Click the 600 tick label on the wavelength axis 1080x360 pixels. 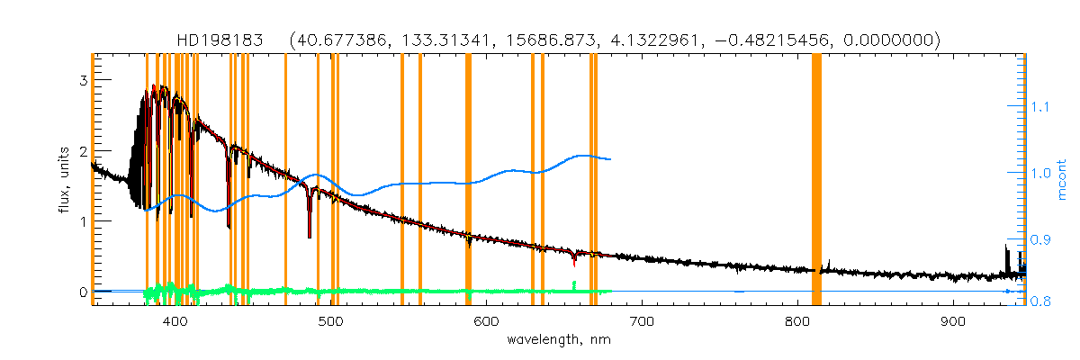pos(486,321)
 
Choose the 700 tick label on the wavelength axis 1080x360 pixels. pos(642,321)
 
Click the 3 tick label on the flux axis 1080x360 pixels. pos(82,80)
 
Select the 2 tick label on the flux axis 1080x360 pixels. pos(82,150)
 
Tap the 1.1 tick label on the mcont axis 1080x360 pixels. pos(1040,107)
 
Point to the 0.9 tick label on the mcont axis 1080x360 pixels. pos(1040,239)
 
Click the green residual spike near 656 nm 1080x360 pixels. pos(574,284)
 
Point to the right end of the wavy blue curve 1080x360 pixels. pos(611,159)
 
